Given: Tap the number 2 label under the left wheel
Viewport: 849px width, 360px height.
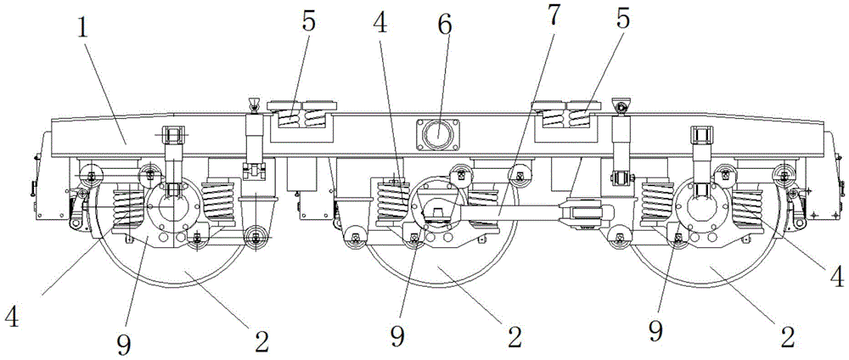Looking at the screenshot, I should [261, 339].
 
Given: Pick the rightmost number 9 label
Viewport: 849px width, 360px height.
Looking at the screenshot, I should [655, 328].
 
